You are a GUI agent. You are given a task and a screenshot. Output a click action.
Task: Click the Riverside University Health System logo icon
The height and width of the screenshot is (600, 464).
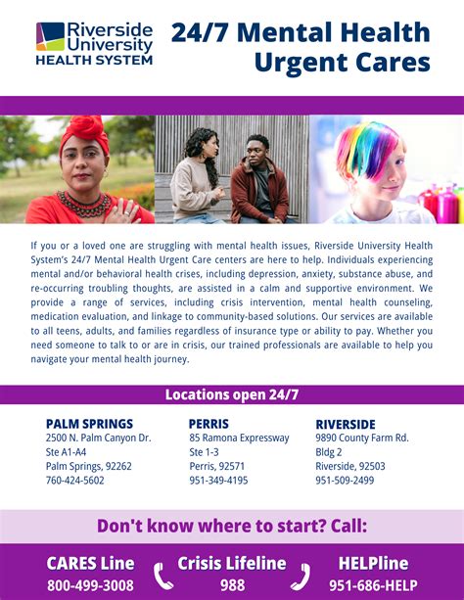click(50, 36)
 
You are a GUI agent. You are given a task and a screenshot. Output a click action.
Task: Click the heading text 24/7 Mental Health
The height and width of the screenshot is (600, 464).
click(301, 32)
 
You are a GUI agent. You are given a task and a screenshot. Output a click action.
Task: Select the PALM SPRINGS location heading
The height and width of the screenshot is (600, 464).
click(89, 424)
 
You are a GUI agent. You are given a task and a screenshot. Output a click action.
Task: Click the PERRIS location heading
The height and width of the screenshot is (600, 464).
click(209, 424)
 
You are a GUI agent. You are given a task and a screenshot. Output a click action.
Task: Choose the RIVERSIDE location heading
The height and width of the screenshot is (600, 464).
click(346, 424)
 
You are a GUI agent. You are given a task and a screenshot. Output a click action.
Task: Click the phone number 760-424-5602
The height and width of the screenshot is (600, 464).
click(74, 481)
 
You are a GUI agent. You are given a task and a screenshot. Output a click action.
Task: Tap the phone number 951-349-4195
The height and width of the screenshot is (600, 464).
click(218, 481)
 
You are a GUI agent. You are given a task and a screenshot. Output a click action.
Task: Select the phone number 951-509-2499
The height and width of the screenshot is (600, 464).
click(345, 481)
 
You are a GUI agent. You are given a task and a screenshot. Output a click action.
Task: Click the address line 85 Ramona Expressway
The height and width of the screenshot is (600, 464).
click(239, 438)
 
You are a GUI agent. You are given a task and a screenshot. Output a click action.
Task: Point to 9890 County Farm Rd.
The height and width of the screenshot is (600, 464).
click(362, 438)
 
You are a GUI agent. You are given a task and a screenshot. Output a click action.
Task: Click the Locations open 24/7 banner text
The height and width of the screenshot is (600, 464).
click(231, 394)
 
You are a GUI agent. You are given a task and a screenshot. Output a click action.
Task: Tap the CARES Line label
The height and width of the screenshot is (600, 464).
click(90, 564)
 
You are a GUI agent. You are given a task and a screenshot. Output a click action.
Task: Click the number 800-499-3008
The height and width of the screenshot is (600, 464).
click(90, 585)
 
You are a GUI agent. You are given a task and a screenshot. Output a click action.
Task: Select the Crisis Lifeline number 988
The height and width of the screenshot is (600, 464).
click(232, 585)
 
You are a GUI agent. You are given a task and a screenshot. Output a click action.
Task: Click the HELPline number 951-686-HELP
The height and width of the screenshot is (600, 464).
click(373, 585)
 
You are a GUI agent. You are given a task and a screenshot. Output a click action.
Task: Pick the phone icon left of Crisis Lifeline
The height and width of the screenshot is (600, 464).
click(162, 575)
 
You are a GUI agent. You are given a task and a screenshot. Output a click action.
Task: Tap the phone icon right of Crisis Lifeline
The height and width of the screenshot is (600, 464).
click(301, 575)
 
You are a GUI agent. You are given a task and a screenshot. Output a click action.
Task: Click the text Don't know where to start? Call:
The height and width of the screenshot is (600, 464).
click(232, 526)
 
